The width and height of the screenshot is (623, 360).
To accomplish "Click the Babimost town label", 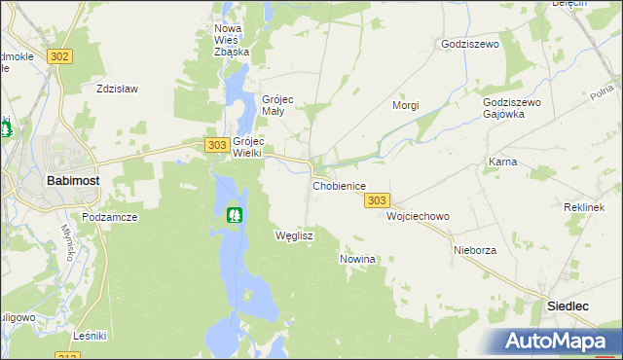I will coord(71,180).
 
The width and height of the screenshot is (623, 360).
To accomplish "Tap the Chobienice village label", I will coord(339,185).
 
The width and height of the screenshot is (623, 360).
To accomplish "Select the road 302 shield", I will coord(59,56).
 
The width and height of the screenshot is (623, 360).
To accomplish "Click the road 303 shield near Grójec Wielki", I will coord(218,145).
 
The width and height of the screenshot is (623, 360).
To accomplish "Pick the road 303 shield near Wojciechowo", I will coord(378,200).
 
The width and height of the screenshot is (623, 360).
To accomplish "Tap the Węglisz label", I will coord(294,236).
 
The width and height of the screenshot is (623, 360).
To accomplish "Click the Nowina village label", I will coord(357,259).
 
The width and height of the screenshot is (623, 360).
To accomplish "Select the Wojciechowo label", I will coord(418,216).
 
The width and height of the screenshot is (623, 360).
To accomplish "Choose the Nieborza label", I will coord(475,250).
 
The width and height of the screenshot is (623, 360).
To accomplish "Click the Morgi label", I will coord(405,105).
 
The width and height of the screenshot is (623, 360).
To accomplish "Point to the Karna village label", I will coord(502,162).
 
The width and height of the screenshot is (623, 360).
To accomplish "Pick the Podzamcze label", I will coord(108,217).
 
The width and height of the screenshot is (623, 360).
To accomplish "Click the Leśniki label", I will coord(90,336).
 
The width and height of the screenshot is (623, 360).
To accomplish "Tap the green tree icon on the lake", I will coord(234,214).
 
